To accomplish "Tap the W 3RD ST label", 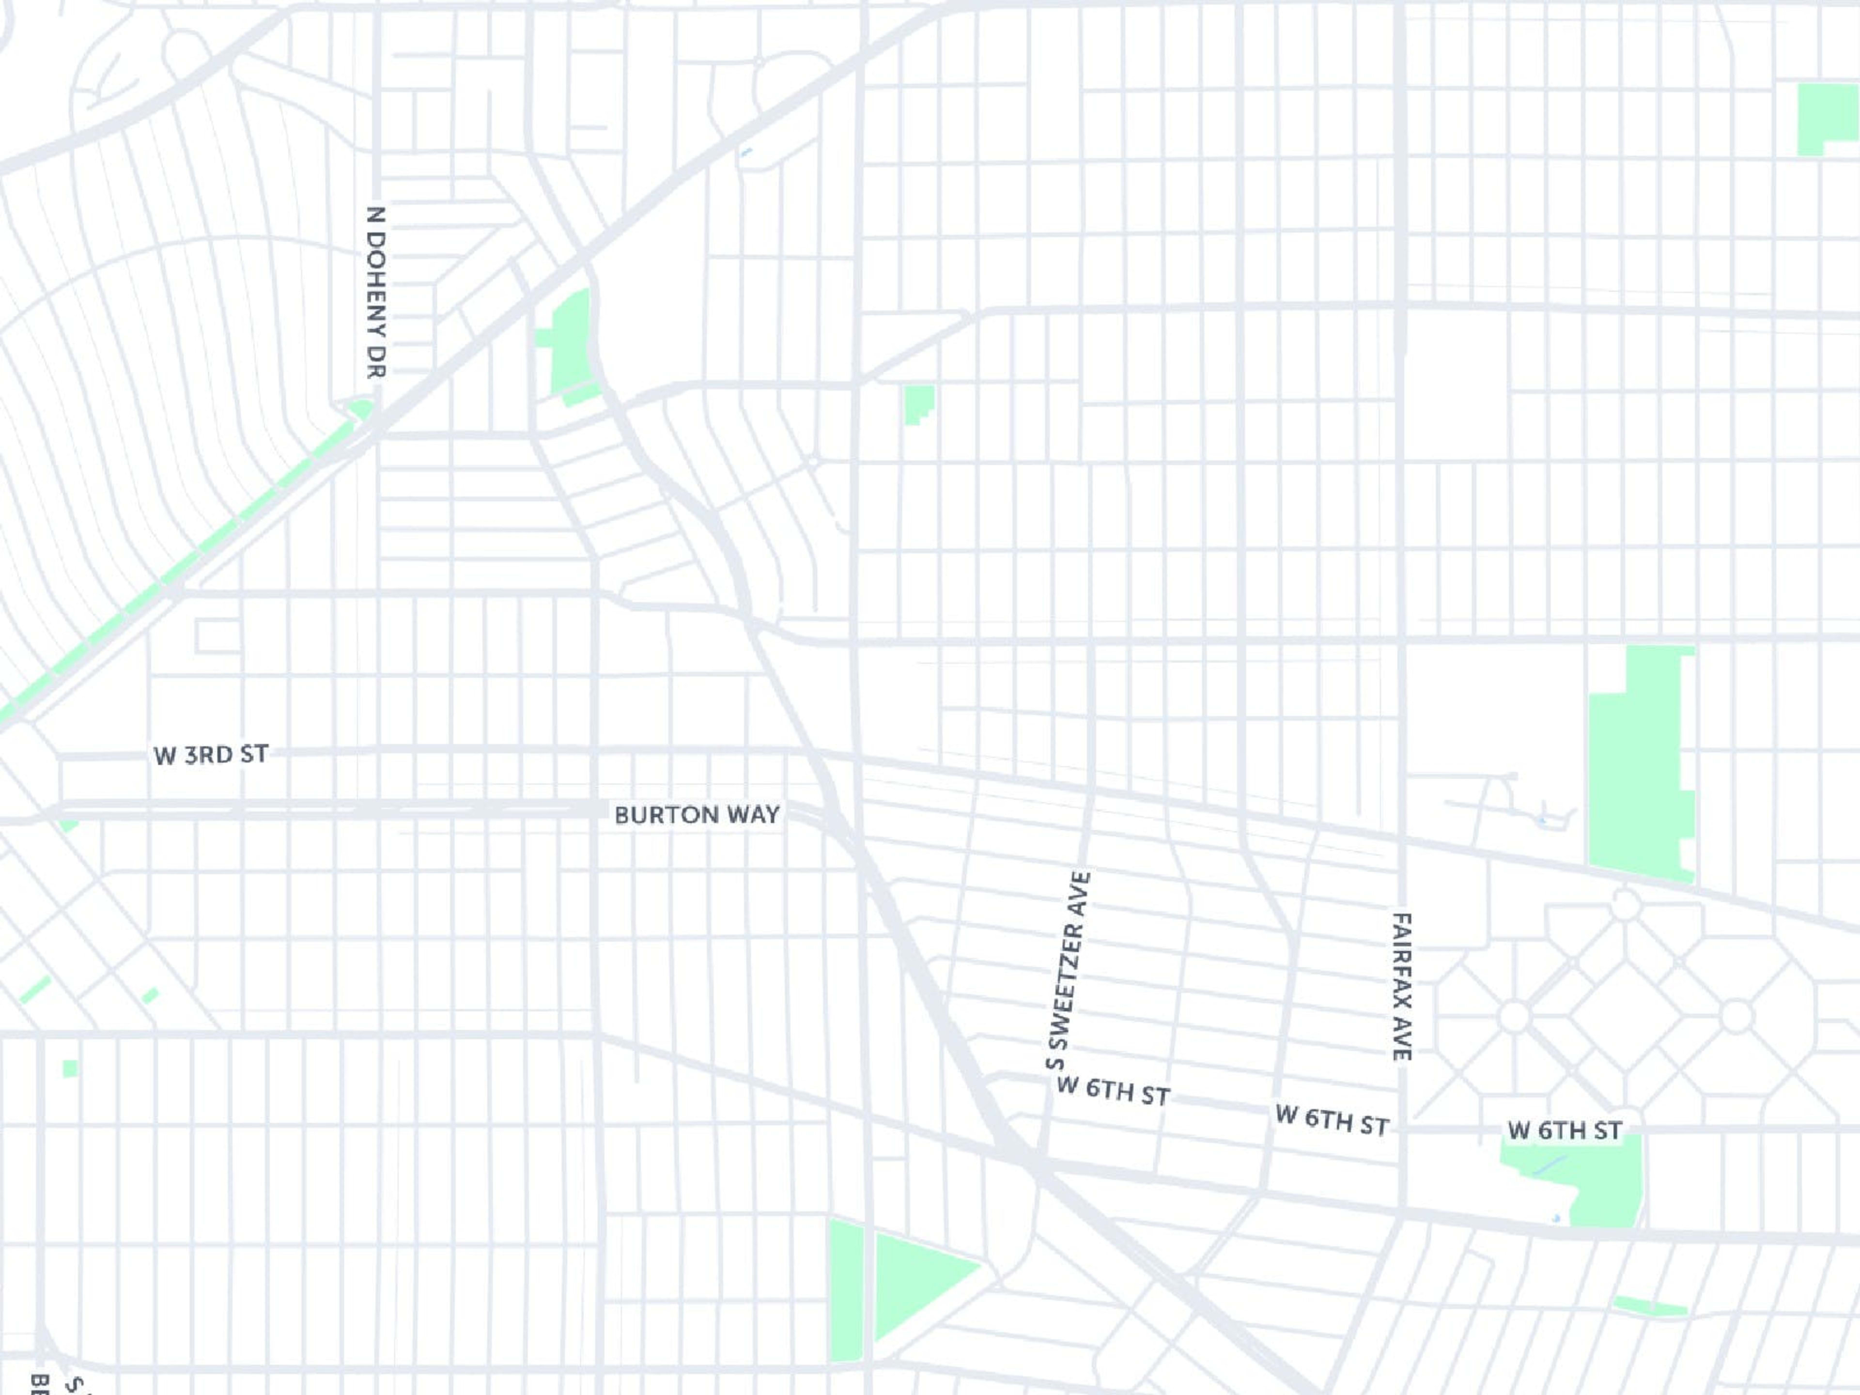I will (211, 754).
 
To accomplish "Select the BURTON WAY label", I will (697, 815).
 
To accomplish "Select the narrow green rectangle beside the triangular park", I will (846, 1291).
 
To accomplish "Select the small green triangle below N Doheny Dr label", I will (361, 409).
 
